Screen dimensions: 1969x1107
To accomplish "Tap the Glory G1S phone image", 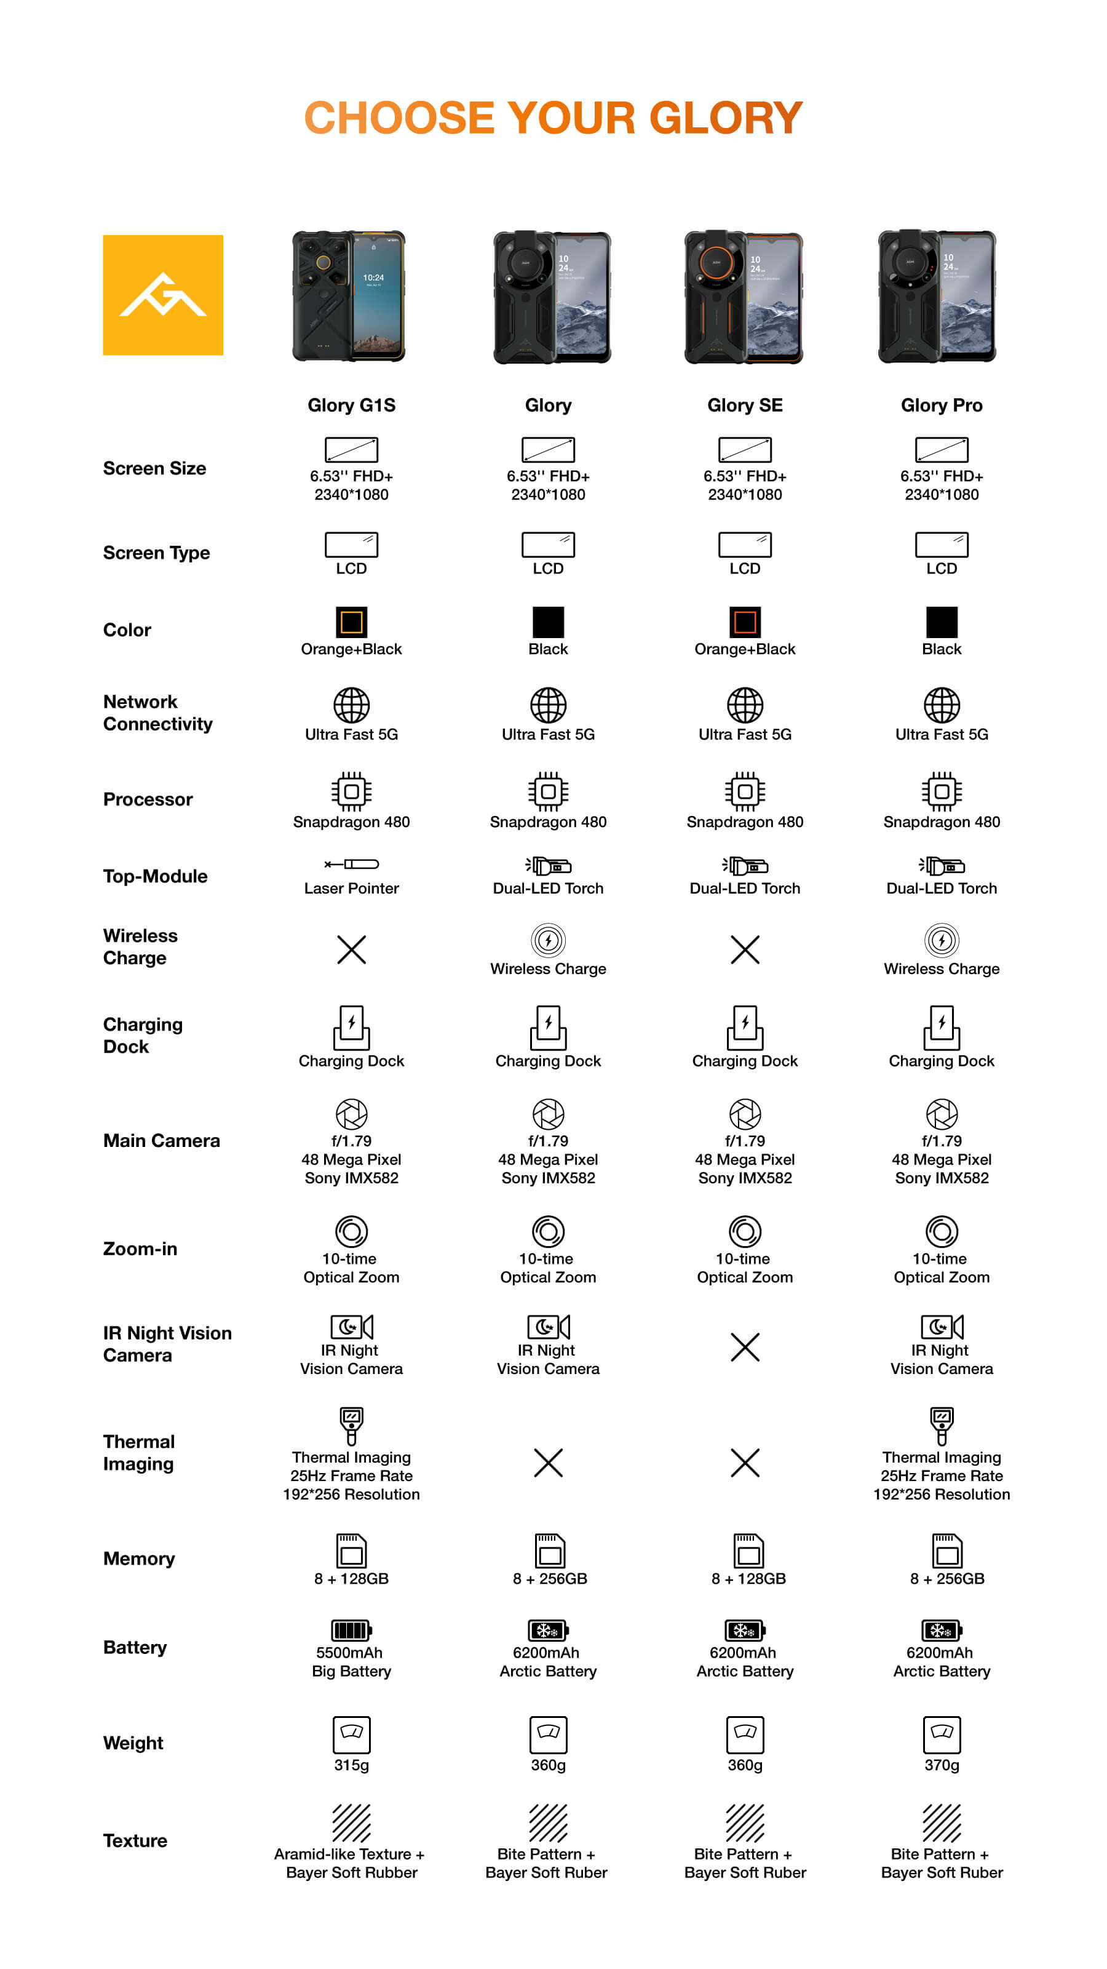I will coord(349,296).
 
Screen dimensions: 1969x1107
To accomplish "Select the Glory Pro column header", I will coord(940,405).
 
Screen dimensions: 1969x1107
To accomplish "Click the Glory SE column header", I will coord(744,405).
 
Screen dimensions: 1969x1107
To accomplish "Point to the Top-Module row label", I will coord(155,876).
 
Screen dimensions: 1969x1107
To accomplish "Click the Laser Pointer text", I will coord(351,888).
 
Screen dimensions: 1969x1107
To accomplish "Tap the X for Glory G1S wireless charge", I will coord(351,949).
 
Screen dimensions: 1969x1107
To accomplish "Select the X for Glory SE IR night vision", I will coord(744,1347).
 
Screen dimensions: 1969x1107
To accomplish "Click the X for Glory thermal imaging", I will coord(548,1463).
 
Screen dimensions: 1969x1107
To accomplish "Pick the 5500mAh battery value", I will coord(349,1653).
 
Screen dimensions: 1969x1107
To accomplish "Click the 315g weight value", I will coord(351,1765).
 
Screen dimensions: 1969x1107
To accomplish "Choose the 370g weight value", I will coord(941,1765).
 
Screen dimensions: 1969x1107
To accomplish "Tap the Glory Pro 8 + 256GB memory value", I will coord(946,1578).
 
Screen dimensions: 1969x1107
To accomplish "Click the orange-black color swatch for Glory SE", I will coord(744,622).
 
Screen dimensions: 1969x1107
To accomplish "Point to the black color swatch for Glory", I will coord(548,622).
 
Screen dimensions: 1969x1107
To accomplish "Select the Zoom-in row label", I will coord(140,1249).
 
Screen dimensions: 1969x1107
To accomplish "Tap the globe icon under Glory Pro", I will coord(941,705).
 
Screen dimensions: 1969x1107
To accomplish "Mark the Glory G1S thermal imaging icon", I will coord(351,1426).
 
